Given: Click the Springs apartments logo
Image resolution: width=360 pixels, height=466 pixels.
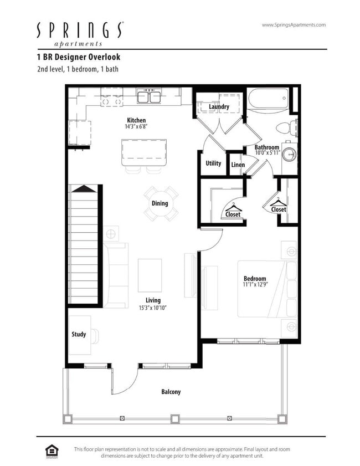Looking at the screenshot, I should (x=80, y=33).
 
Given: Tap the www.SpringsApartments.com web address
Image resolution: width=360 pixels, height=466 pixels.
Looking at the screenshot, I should (x=293, y=25).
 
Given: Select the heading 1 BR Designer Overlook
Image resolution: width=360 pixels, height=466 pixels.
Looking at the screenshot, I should (x=78, y=57).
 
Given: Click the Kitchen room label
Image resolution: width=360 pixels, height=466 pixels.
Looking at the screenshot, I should (x=136, y=120).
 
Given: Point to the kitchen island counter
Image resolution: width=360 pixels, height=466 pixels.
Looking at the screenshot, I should (x=144, y=152).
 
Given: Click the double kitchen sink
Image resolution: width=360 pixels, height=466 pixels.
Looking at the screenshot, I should (x=149, y=98).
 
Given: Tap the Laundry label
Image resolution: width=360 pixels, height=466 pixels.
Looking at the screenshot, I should (x=219, y=107).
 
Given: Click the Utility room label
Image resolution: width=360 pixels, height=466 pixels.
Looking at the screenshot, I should (x=213, y=163).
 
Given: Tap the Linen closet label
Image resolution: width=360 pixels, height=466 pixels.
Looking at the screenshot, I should (x=238, y=165).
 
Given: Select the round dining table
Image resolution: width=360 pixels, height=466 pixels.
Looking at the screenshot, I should (x=160, y=203).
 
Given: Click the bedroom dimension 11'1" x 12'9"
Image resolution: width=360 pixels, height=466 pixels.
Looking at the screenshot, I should (x=255, y=285).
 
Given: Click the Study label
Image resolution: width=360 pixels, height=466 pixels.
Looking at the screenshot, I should (x=79, y=335).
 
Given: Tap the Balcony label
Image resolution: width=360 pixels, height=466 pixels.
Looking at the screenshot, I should (x=171, y=392).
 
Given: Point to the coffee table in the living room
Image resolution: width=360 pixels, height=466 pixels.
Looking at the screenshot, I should (x=150, y=275).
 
